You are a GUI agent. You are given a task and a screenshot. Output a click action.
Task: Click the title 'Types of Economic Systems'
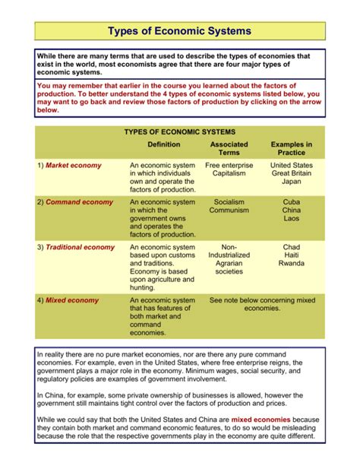pos(180,31)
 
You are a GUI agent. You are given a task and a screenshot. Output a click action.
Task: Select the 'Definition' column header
pos(163,144)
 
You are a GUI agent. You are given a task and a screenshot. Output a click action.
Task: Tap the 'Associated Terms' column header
pos(229,148)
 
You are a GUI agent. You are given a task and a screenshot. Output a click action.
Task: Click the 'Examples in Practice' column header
pos(291,148)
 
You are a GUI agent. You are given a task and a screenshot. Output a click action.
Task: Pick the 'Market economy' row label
pos(73,165)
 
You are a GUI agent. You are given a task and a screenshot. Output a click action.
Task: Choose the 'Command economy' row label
pos(78,202)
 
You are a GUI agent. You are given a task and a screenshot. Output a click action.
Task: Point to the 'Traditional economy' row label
pos(80,248)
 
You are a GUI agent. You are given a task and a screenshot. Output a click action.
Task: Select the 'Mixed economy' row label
pos(72,300)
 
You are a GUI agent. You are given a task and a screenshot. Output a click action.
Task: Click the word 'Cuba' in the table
pos(291,202)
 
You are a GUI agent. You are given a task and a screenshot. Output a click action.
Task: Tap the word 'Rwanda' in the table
pos(291,265)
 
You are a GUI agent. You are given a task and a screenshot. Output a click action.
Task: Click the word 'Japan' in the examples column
pos(291,182)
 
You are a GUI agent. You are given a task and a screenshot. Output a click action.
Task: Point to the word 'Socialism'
pos(229,202)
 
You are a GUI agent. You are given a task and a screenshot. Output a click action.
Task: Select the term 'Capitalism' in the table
pos(229,173)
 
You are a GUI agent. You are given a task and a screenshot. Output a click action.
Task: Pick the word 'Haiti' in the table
pos(291,256)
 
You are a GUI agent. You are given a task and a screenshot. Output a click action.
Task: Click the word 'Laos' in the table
pos(291,219)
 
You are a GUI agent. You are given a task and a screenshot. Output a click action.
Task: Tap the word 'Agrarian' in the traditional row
pos(229,265)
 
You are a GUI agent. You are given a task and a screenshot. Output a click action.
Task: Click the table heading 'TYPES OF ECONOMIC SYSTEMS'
pos(180,132)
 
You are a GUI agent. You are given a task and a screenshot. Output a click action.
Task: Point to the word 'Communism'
pos(229,211)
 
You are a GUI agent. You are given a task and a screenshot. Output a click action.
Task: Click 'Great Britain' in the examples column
pos(291,173)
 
